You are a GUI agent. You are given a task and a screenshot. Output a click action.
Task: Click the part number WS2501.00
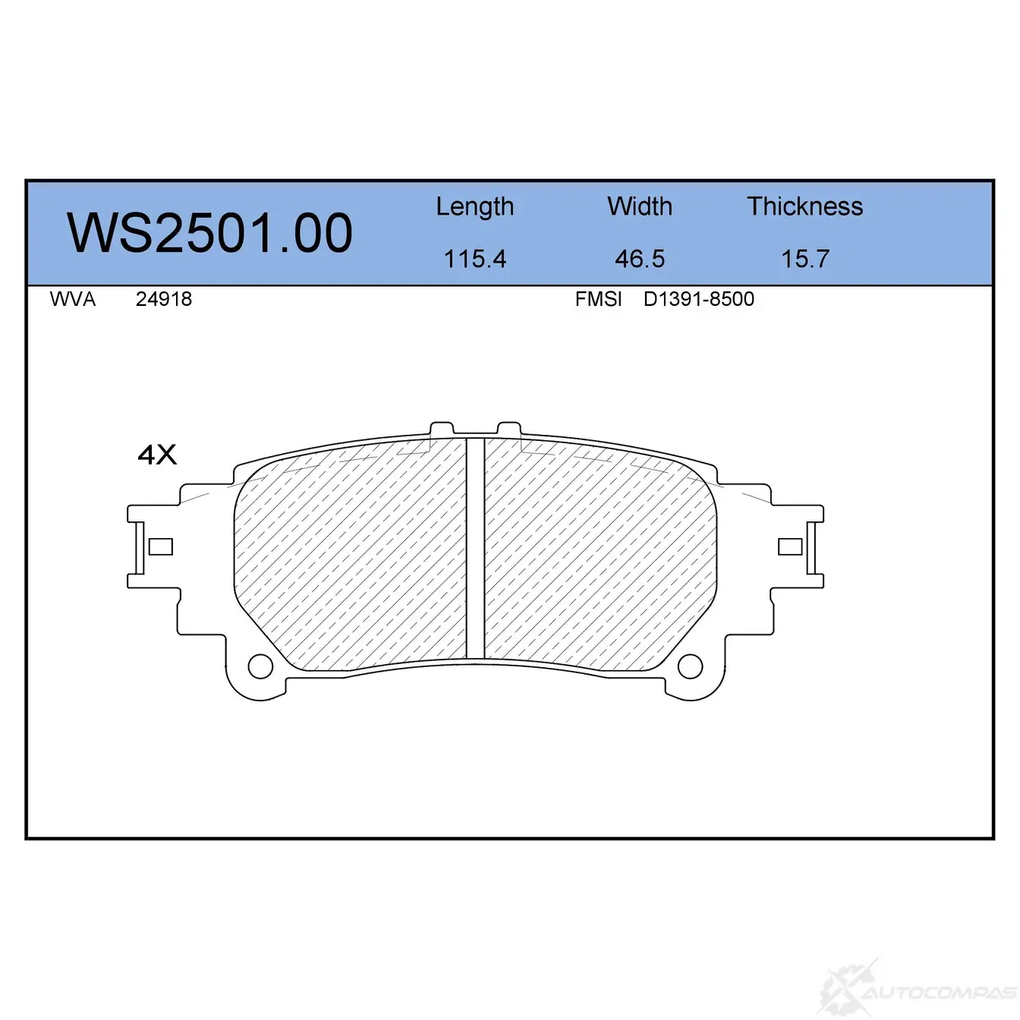click(209, 233)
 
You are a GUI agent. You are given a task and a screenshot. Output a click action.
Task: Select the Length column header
click(475, 207)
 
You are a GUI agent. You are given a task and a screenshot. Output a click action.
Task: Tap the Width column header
click(640, 206)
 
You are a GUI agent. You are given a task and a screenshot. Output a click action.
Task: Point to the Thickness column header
click(804, 206)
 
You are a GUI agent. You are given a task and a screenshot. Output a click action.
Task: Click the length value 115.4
click(475, 259)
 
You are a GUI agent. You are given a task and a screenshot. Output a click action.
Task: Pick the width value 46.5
click(640, 259)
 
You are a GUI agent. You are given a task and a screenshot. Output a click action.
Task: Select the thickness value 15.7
click(805, 259)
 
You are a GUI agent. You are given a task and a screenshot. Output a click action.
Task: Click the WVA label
click(73, 300)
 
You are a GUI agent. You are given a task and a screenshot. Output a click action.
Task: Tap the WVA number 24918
click(164, 300)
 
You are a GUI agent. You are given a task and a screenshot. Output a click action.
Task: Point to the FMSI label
click(598, 300)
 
